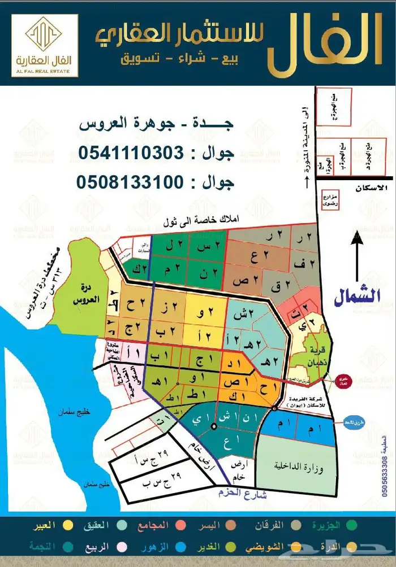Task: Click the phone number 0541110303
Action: [130, 152]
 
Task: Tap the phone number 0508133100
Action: [130, 182]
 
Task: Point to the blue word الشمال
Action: [357, 298]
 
